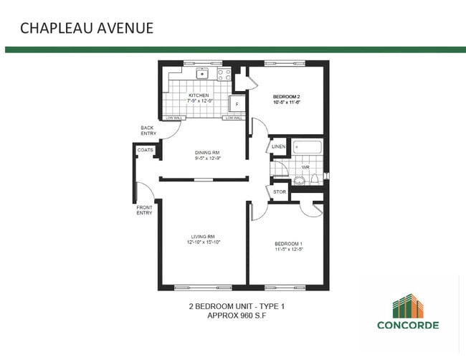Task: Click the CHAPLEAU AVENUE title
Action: coord(86,28)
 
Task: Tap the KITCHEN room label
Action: coord(199,95)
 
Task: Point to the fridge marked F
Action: coord(236,105)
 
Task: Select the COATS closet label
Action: coord(146,150)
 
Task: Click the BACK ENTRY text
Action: coord(148,131)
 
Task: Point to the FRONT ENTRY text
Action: coord(144,209)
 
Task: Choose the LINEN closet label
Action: coord(279,147)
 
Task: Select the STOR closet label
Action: coord(279,192)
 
